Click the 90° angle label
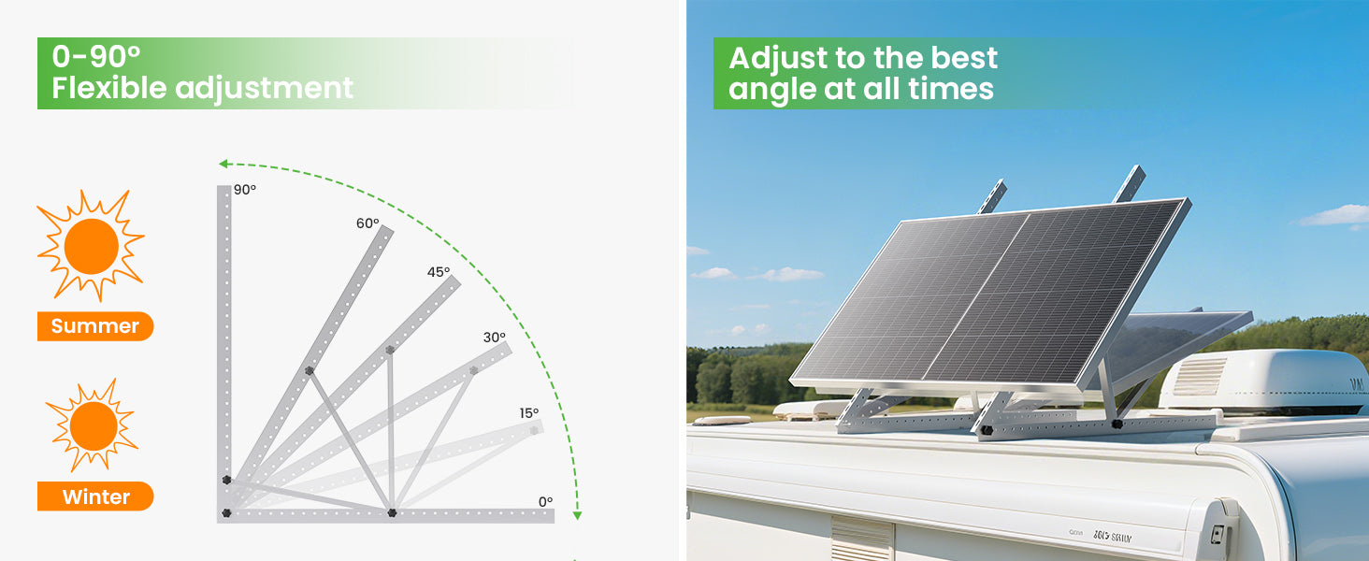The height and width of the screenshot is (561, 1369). point(244,190)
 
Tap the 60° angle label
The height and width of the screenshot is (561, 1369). point(367,223)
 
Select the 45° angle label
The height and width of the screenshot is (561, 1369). point(439,272)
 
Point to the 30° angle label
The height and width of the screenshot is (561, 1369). point(495,338)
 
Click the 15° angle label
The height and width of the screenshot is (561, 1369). point(529,413)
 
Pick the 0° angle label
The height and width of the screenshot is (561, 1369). point(546,502)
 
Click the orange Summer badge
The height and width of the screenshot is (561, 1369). point(95,325)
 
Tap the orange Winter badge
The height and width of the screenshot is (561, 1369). point(95,496)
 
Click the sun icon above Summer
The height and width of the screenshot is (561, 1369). point(91,246)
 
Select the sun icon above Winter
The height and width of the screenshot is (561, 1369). point(93,425)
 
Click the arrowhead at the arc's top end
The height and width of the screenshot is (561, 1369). point(223,164)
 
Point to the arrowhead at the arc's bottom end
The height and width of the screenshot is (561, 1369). point(577,516)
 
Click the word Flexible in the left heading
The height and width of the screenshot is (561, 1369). point(108,87)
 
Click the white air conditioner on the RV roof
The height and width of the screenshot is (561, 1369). point(1262,381)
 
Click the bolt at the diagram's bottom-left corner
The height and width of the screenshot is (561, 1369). point(226,512)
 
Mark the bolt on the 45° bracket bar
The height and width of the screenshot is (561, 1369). point(390,351)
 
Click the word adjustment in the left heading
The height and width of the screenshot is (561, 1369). point(264,89)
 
